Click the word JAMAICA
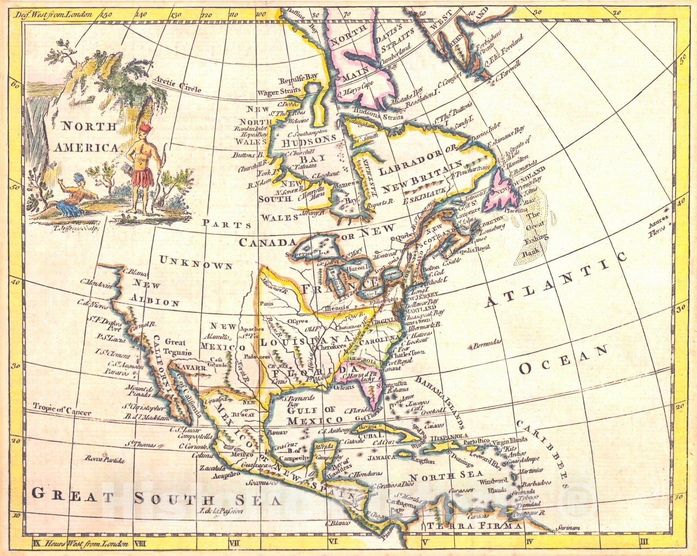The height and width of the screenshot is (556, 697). pos(381,458)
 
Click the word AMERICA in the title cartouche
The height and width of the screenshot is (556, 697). pos(86,147)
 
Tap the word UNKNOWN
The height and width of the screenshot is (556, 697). pos(196,263)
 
